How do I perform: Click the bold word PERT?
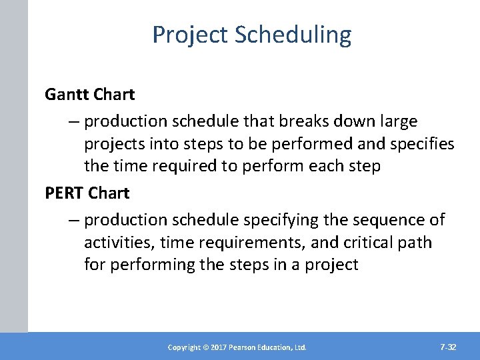tap(64, 193)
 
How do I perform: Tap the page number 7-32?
tap(448, 347)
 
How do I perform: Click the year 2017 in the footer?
tap(217, 347)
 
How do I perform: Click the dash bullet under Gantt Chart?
tap(73, 121)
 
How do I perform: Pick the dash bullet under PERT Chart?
tap(73, 219)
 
